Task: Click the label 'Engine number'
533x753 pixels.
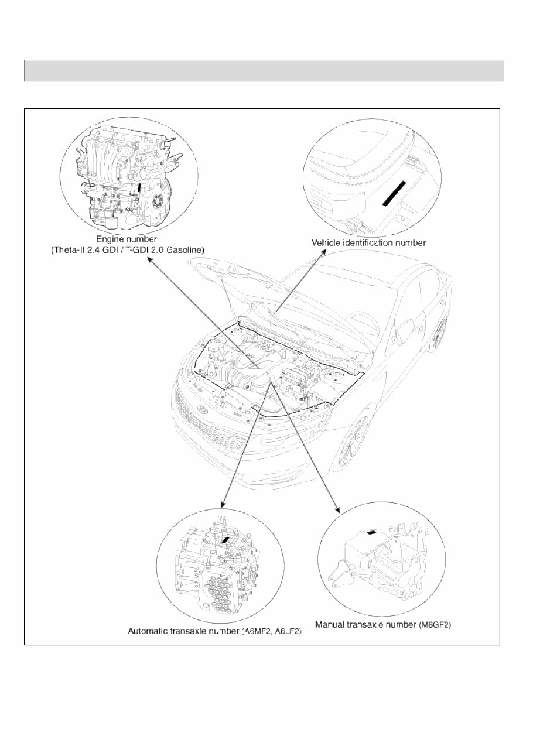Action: click(x=126, y=239)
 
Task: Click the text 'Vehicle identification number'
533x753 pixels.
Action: click(x=368, y=242)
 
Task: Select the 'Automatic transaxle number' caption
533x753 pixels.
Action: click(x=183, y=632)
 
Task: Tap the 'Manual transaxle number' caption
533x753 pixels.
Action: click(x=366, y=625)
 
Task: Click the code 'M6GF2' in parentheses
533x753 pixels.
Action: click(x=435, y=625)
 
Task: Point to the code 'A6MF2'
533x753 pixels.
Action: click(x=258, y=632)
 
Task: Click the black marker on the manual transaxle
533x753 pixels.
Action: click(x=371, y=532)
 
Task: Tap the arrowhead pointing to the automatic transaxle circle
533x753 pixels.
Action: click(x=223, y=505)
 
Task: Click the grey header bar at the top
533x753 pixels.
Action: click(x=264, y=70)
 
